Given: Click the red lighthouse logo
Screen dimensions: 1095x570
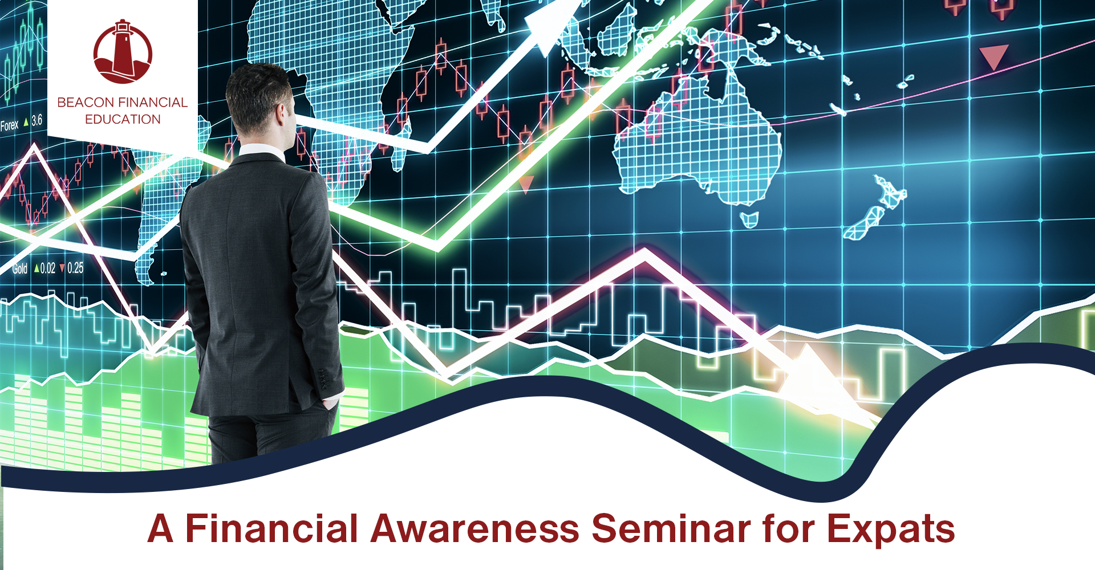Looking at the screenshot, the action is pos(123,52).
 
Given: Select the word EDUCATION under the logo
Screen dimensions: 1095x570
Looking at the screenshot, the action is pos(123,120).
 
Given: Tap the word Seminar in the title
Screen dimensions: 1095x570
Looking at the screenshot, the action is pos(671,528).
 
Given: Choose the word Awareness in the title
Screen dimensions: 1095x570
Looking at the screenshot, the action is pos(475,528).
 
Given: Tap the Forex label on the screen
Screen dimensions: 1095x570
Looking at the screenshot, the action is pos(9,125).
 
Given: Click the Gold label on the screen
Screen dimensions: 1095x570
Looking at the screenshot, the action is pos(20,268).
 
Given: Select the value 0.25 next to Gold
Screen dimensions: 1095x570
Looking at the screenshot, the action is pos(75,268).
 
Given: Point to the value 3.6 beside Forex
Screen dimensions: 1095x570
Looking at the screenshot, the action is pos(36,120).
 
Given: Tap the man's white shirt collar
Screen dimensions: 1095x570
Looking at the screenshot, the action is pos(261,152).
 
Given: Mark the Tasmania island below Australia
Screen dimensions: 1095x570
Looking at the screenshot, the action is pos(749,219).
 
